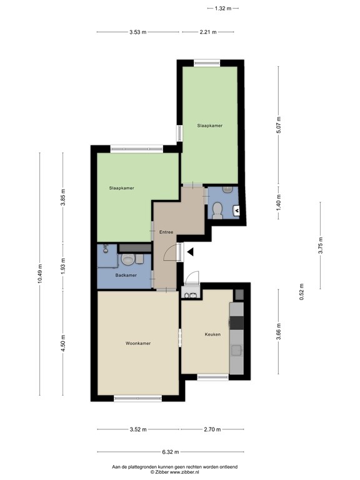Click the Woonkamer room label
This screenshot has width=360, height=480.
click(138, 344)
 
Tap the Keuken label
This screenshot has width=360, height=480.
click(212, 334)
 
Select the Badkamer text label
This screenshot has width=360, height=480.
click(126, 275)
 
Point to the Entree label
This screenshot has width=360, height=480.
click(166, 232)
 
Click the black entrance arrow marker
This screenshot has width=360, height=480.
click(191, 252)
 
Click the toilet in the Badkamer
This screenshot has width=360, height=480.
click(127, 259)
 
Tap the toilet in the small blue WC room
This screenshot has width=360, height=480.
click(217, 210)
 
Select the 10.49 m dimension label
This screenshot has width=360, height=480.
click(40, 274)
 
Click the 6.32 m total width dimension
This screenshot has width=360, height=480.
click(171, 452)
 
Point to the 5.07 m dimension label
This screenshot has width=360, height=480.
click(279, 124)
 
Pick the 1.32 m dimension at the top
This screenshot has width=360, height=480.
click(223, 8)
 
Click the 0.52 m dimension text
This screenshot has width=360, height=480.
click(302, 292)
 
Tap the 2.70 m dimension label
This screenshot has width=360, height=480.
click(212, 429)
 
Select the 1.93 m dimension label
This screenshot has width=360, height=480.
click(63, 267)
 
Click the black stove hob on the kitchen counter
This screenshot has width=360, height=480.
click(237, 322)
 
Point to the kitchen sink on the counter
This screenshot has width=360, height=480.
click(237, 351)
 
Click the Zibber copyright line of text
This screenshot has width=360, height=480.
click(174, 472)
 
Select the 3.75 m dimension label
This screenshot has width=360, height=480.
click(321, 246)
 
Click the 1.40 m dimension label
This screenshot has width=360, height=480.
click(279, 202)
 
